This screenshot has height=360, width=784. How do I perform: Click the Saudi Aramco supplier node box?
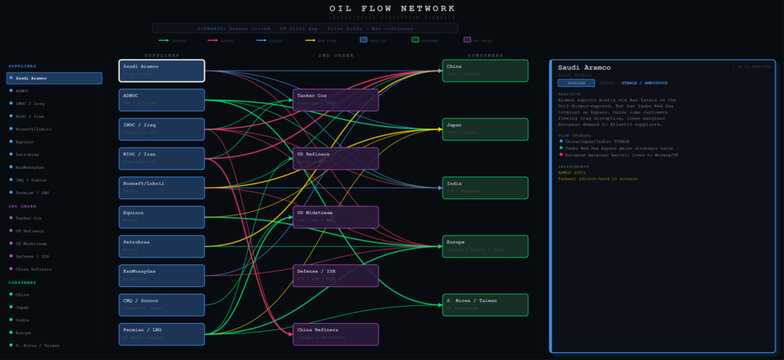(x=161, y=70)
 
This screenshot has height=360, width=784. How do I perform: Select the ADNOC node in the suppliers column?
(x=161, y=100)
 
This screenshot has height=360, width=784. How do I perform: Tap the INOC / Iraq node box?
(x=161, y=129)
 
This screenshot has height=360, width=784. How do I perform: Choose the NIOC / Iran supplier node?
(x=161, y=158)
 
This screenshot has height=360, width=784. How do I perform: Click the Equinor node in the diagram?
(x=161, y=217)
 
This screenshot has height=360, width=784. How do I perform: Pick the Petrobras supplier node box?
(x=161, y=246)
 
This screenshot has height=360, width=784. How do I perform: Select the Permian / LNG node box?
(x=161, y=334)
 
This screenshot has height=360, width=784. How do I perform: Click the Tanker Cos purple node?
(x=336, y=100)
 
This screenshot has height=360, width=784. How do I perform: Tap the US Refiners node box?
(x=336, y=158)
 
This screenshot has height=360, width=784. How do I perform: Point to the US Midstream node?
(x=336, y=217)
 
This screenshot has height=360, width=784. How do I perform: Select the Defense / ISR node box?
(x=336, y=275)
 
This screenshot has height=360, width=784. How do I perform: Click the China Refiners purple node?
(x=336, y=334)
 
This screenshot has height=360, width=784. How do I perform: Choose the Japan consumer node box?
(x=485, y=129)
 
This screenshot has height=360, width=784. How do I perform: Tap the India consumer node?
(x=485, y=188)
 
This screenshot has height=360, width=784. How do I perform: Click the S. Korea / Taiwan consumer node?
(x=485, y=305)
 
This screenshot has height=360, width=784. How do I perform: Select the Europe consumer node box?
(x=485, y=246)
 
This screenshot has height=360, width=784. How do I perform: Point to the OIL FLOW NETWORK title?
(x=392, y=9)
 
